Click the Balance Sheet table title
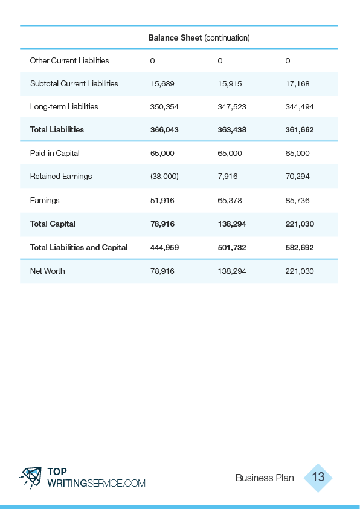[199, 38]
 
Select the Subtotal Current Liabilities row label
[74, 84]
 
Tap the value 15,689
[162, 84]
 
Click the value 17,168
[297, 84]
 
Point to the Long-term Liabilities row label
[64, 107]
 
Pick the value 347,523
[232, 107]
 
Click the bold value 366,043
[164, 130]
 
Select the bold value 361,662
[300, 130]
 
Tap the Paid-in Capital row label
[55, 153]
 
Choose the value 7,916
[228, 177]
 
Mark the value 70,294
[297, 177]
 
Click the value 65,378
[230, 200]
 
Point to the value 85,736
[297, 200]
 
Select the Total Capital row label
[53, 224]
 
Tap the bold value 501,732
[232, 248]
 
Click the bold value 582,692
[300, 248]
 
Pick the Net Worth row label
[47, 271]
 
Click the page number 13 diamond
[318, 478]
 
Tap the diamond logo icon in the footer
[30, 478]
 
